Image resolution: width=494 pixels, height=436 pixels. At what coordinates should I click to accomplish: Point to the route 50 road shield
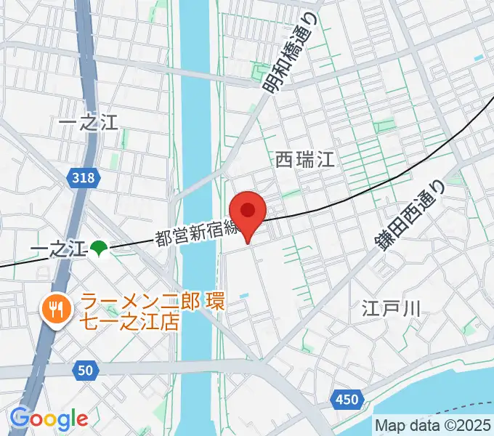(84, 371)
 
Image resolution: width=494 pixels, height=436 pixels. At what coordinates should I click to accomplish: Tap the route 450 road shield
(347, 398)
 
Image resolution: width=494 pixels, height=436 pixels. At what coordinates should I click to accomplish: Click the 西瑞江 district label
(306, 161)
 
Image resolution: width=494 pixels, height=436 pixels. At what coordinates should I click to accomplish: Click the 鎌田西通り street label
(409, 216)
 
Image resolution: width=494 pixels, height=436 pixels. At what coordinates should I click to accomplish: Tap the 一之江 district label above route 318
(88, 123)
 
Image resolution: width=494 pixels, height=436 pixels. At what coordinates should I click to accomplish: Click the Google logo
(49, 419)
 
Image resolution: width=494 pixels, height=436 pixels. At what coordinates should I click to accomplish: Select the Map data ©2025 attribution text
(433, 424)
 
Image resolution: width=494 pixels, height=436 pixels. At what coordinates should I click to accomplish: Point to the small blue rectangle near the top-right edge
(477, 57)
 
